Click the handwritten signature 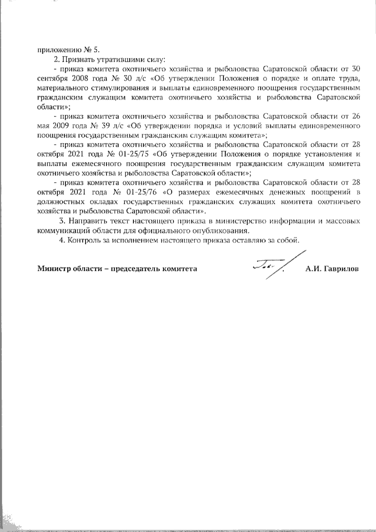[269, 266]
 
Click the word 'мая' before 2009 [42, 126]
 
